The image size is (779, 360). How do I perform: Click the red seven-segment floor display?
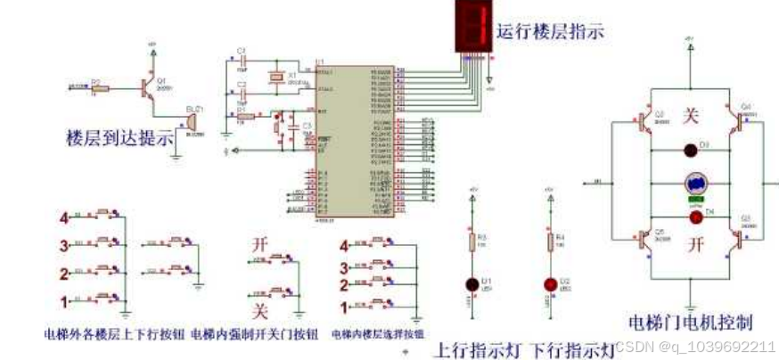471,24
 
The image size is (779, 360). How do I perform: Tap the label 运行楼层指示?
551,31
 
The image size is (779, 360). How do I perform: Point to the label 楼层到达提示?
119,139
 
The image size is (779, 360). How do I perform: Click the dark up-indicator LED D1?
473,284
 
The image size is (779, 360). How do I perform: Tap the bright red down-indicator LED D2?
549,284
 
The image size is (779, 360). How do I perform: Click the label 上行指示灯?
479,348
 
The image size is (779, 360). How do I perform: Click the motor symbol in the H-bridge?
695,183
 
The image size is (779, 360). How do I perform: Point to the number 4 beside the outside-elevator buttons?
64,217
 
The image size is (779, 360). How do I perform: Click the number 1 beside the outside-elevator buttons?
63,300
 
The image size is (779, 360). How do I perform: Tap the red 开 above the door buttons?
259,242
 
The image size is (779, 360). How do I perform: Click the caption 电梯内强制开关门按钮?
254,335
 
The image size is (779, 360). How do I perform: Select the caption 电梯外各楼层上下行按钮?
114,335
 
